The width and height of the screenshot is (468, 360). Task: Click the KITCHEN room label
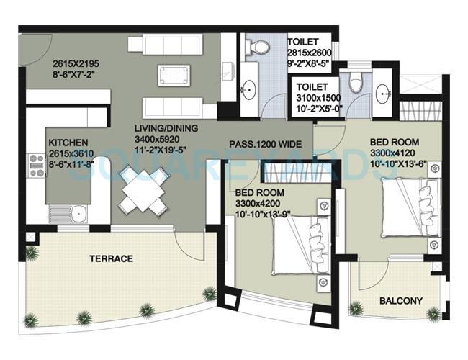point(68,143)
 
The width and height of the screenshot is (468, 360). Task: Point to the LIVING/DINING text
point(165,128)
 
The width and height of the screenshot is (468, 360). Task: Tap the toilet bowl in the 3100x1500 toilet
point(356,85)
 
